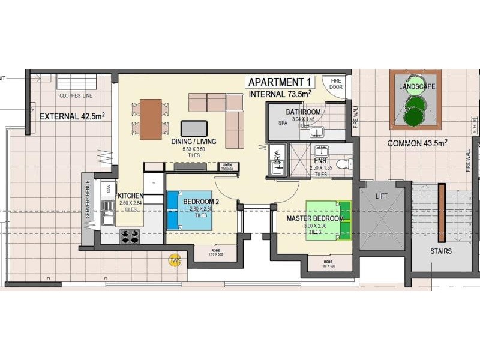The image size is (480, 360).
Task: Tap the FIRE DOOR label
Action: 336,83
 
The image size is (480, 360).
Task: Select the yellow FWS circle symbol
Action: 175,260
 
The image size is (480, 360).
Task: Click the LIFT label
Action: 382,196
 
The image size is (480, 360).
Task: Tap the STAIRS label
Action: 440,251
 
